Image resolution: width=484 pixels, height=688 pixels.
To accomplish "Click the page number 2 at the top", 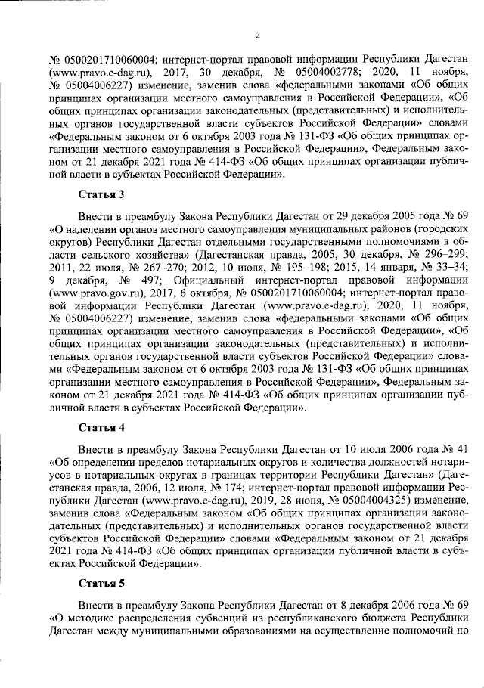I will point(257,35).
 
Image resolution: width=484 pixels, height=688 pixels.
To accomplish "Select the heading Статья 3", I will point(102,195).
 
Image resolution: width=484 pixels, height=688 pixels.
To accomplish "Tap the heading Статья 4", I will point(102,427).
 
